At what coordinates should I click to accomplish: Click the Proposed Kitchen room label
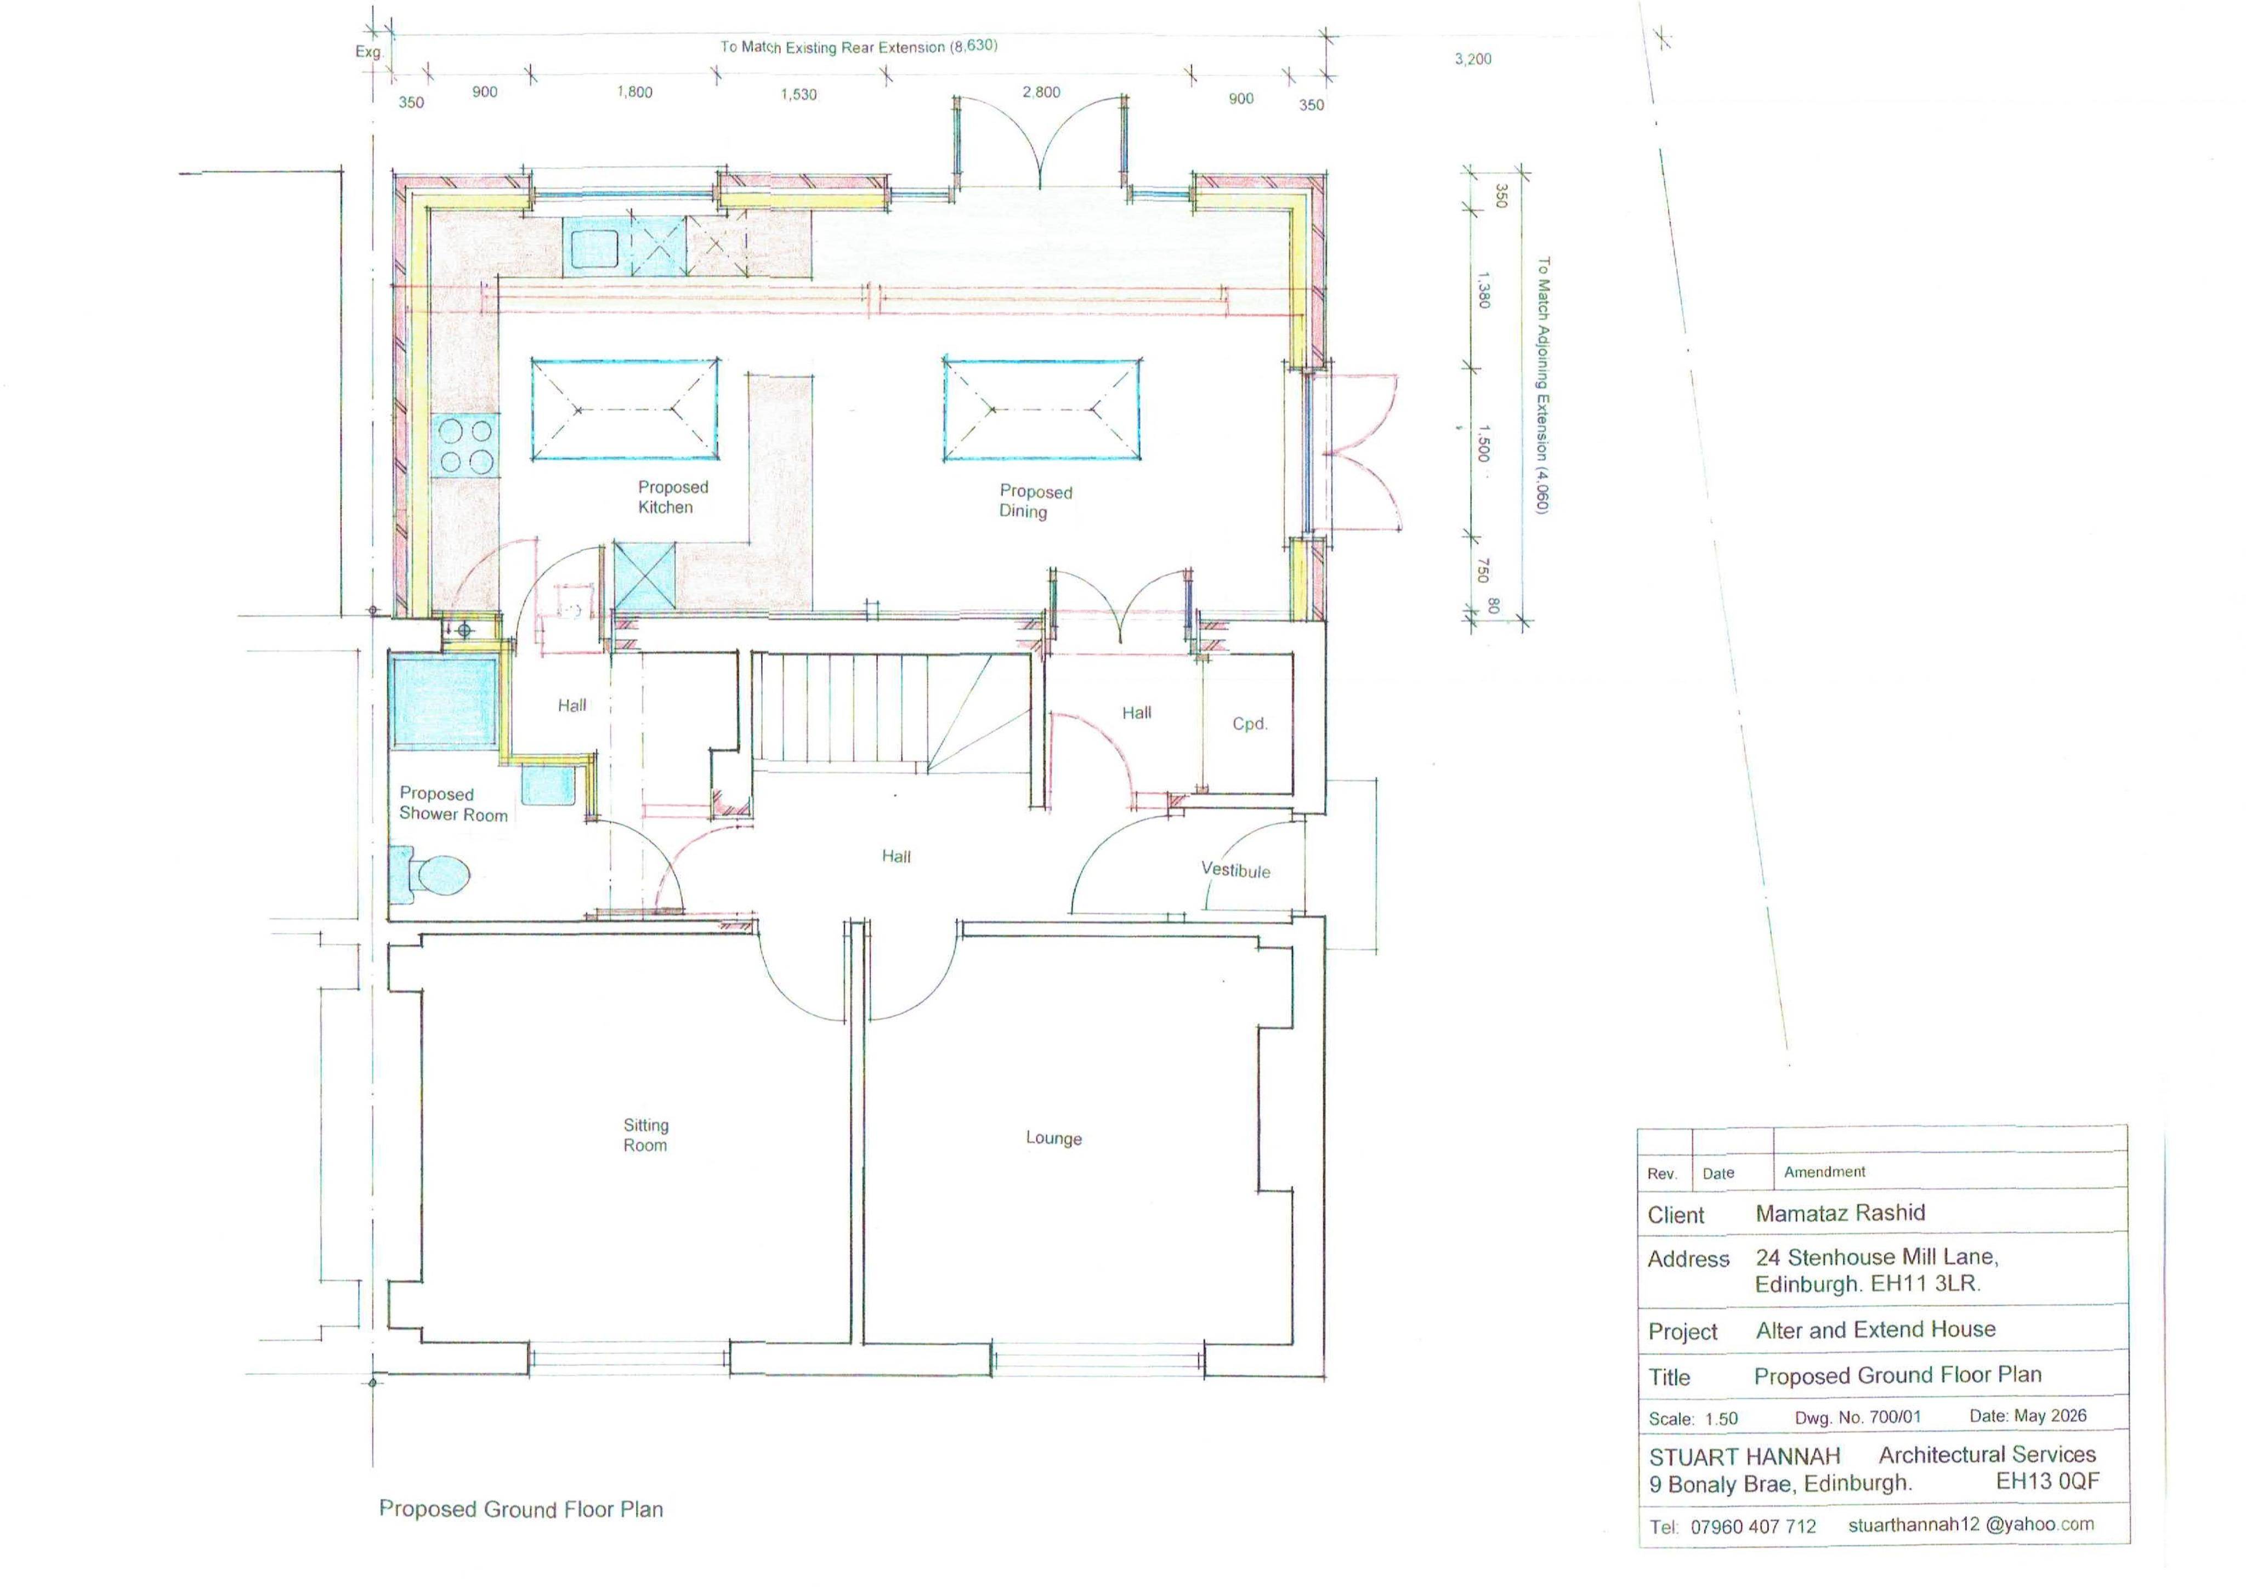pyautogui.click(x=673, y=497)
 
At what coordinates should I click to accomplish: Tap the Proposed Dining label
pyautogui.click(x=1035, y=502)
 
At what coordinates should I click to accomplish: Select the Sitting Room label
pyautogui.click(x=645, y=1135)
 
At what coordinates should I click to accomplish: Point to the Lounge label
pyautogui.click(x=1053, y=1138)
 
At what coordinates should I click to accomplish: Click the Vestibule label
pyautogui.click(x=1235, y=870)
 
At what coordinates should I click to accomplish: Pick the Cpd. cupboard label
pyautogui.click(x=1249, y=724)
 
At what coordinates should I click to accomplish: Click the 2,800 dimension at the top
pyautogui.click(x=1041, y=92)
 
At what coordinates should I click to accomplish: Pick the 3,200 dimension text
pyautogui.click(x=1472, y=59)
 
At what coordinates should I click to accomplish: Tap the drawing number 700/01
pyautogui.click(x=1895, y=1416)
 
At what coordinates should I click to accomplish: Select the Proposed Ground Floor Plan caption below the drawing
pyautogui.click(x=520, y=1509)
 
